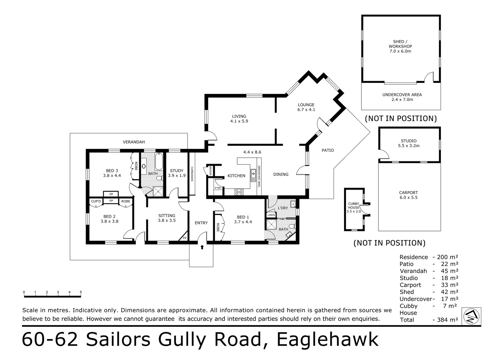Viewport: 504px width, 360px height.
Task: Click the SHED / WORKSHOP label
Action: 400,46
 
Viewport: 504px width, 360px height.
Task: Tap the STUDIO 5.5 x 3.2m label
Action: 408,143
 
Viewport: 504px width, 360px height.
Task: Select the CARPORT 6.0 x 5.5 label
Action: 408,195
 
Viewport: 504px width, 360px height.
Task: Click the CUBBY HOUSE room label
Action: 353,207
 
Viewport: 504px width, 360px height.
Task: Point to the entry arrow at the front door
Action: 202,247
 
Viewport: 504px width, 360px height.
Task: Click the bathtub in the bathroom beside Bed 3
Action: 159,161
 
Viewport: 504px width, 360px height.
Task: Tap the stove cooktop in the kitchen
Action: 239,192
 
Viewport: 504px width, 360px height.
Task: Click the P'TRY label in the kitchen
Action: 218,188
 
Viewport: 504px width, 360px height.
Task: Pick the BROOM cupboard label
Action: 211,171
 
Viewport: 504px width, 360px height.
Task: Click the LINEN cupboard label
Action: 271,215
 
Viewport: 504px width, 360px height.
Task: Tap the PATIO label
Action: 327,150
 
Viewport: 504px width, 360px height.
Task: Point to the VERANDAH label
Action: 134,142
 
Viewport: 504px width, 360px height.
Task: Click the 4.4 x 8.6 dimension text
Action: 252,152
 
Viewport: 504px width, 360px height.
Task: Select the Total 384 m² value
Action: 445,320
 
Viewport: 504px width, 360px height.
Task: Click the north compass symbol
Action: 471,316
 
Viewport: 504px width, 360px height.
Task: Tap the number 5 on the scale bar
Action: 81,292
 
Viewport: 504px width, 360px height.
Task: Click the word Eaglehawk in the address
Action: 327,340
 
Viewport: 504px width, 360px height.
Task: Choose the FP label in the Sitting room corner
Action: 185,238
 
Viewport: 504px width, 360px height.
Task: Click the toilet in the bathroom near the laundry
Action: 291,226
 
